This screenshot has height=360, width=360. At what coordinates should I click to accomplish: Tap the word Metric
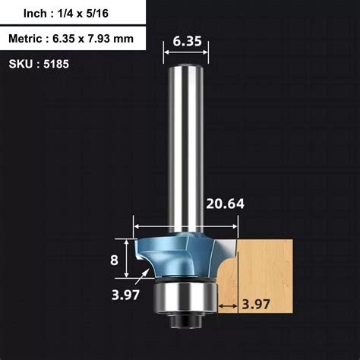pyautogui.click(x=28, y=39)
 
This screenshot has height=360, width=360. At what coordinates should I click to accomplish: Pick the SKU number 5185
pyautogui.click(x=55, y=65)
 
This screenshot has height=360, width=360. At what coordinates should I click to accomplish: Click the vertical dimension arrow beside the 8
pyautogui.click(x=127, y=258)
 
